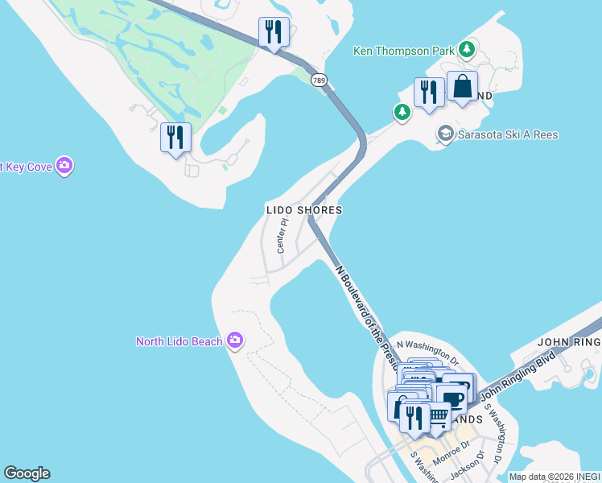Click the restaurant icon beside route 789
click(x=274, y=32)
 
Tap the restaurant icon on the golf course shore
click(x=175, y=137)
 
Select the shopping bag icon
click(x=462, y=87)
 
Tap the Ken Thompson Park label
click(x=404, y=51)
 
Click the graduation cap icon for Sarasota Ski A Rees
click(x=445, y=134)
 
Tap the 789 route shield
click(x=320, y=80)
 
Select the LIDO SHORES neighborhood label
click(x=304, y=210)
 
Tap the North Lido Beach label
click(x=179, y=341)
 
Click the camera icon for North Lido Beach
click(x=235, y=341)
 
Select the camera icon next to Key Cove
click(x=65, y=167)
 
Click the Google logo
click(x=27, y=473)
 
